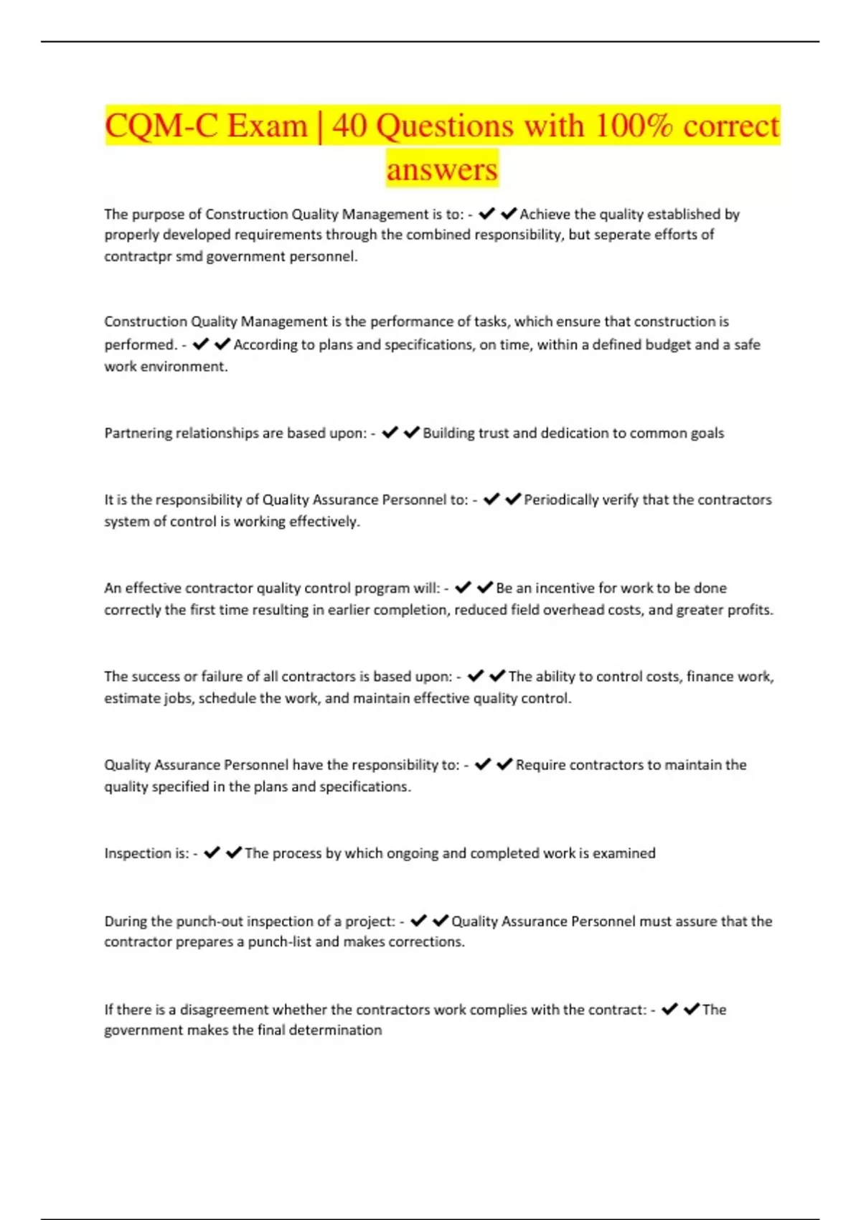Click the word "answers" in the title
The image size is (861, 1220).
442,169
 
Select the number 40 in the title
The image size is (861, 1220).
349,126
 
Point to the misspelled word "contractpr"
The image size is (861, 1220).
138,256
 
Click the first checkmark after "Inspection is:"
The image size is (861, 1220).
212,853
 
